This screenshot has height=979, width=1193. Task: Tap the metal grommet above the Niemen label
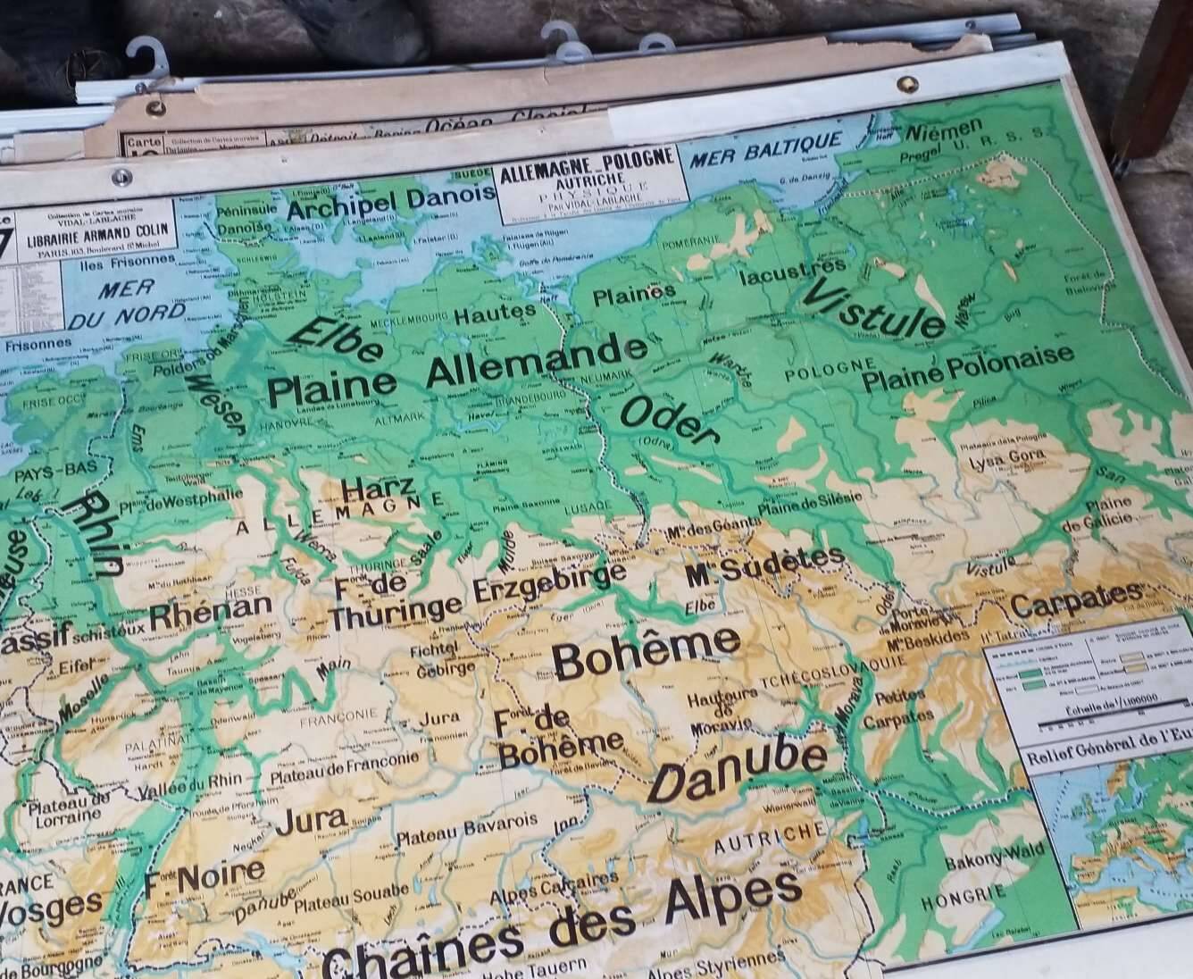coord(907,83)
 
